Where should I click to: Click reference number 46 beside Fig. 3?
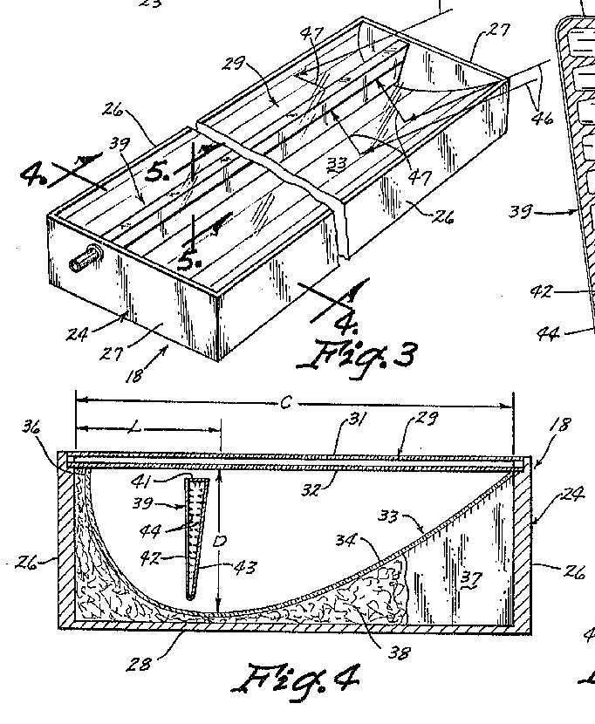tap(542, 114)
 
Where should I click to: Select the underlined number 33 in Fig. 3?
tap(336, 162)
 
